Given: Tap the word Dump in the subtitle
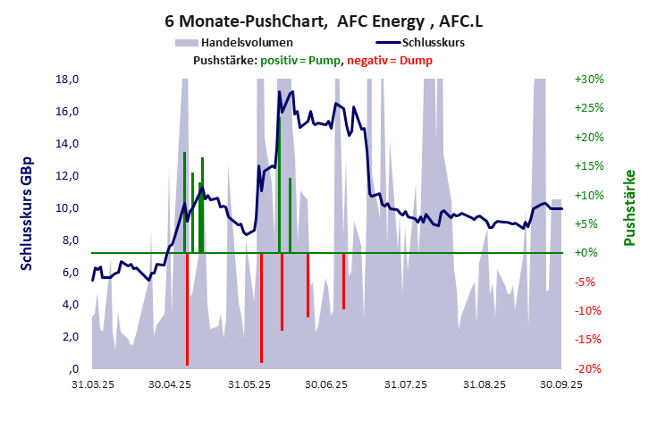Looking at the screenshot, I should (x=416, y=60).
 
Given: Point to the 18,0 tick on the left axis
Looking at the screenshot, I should (x=69, y=79).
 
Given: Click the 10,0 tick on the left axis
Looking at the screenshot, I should (x=69, y=208).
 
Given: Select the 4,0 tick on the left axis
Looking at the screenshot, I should (x=69, y=305).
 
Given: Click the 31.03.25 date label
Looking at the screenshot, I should (x=92, y=384).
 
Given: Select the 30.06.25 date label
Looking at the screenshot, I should (x=325, y=384).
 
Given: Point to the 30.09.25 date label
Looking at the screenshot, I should (x=560, y=384).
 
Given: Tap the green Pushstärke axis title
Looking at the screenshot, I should (x=628, y=207).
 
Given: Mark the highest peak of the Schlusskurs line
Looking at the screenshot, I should (x=279, y=92).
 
